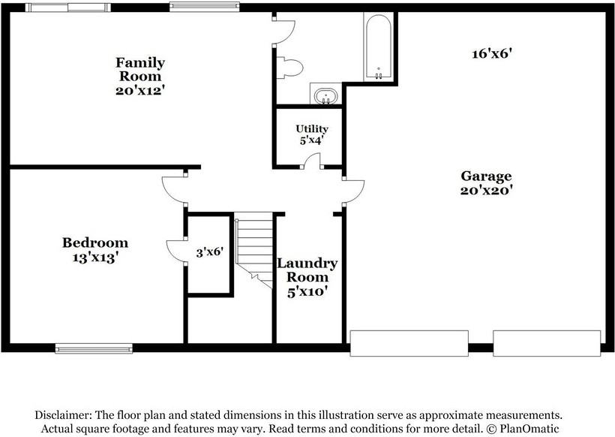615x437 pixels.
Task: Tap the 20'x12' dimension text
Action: point(139,89)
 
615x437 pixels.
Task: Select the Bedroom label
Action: point(94,243)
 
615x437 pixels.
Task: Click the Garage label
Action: point(486,176)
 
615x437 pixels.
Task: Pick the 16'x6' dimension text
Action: point(492,53)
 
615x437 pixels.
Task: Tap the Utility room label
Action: point(311,129)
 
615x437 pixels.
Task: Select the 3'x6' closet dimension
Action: point(209,252)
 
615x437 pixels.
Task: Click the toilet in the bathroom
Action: point(289,68)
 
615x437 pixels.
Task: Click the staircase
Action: point(254,248)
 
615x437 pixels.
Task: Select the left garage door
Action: point(409,343)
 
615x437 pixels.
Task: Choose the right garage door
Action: point(547,343)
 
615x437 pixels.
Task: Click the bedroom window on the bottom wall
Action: point(94,348)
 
